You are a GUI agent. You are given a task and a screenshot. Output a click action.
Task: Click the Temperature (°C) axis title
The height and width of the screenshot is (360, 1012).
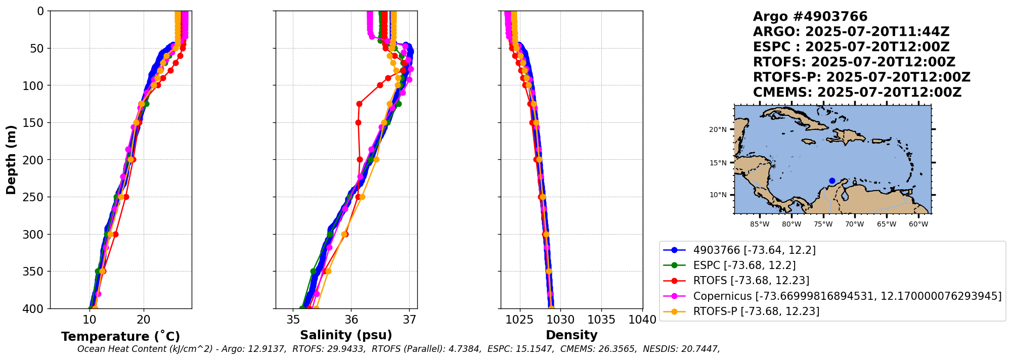click(120, 337)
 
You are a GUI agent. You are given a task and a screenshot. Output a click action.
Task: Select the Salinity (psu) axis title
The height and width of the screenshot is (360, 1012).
click(346, 335)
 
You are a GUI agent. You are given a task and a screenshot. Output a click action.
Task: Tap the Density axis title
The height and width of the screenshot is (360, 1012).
click(571, 335)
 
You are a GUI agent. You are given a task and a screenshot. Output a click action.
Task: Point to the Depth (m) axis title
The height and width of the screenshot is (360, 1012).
click(11, 160)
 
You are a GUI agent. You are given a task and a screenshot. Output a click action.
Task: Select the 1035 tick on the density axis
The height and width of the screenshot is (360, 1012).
click(602, 320)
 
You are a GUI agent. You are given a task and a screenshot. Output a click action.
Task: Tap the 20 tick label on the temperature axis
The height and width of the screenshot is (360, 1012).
click(144, 320)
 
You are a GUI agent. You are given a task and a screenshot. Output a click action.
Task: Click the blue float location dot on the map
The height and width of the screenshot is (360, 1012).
click(832, 181)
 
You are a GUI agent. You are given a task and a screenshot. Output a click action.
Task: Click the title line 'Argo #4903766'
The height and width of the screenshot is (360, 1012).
click(810, 17)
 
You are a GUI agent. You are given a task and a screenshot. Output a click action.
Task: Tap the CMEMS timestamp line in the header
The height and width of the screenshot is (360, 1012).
click(857, 93)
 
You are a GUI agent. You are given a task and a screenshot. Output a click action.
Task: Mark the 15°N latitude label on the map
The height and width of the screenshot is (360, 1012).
click(718, 163)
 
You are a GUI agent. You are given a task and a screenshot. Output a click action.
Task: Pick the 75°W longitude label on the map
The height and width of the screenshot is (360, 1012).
click(823, 224)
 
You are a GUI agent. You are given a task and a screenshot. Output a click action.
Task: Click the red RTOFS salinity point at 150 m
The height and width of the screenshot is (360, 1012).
click(358, 122)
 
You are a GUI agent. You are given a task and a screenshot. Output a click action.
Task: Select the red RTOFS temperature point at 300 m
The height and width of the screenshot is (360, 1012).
click(115, 234)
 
